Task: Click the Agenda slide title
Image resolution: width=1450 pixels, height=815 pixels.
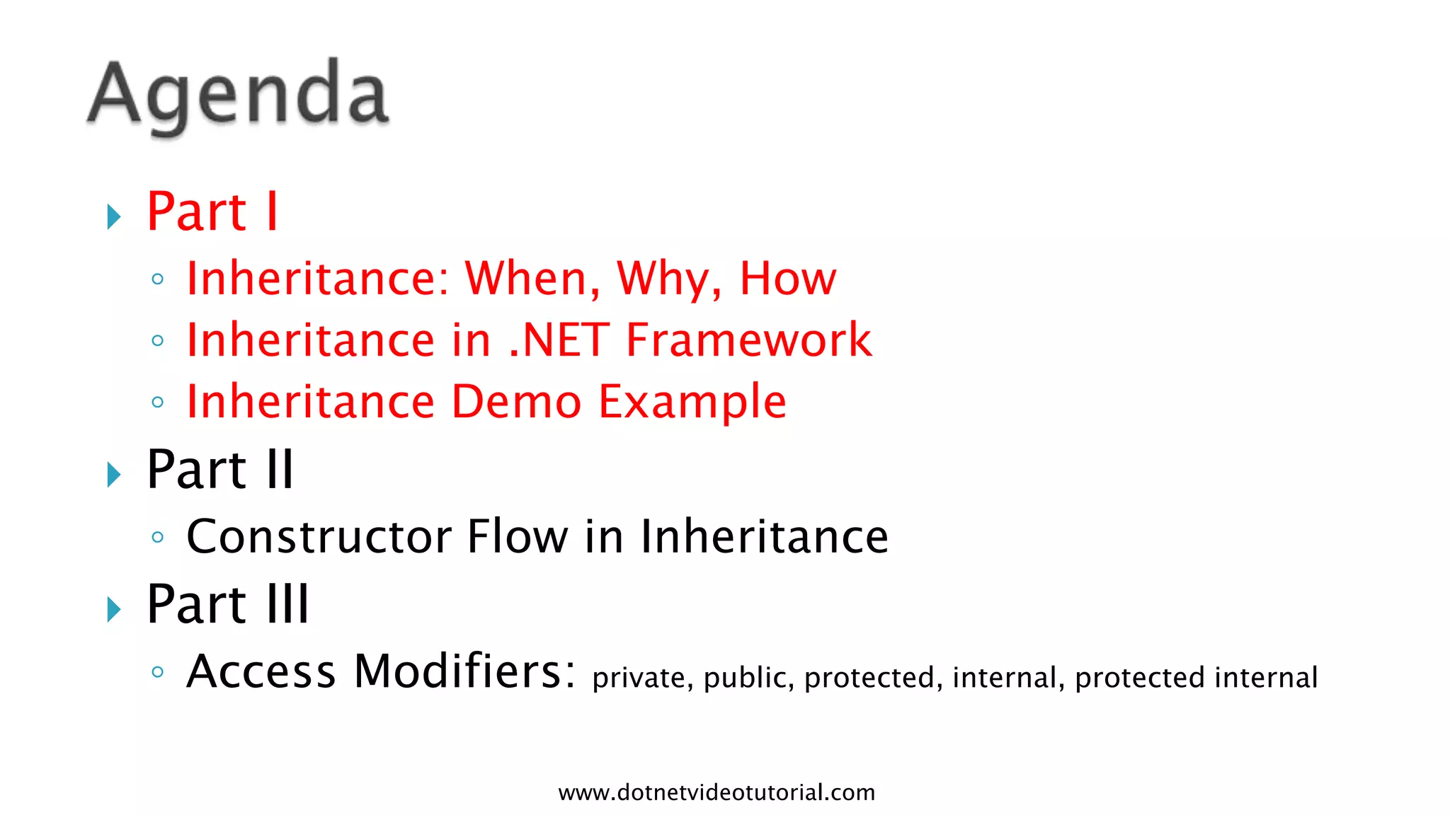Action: [238, 96]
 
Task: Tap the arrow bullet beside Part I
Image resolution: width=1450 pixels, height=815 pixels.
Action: [114, 216]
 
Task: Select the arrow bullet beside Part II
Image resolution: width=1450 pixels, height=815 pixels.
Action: [114, 474]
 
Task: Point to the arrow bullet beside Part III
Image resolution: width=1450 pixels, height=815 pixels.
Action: [114, 608]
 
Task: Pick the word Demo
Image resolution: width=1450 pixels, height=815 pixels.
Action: [516, 401]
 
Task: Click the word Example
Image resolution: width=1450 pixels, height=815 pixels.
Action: [692, 403]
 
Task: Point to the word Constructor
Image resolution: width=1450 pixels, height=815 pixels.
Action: [319, 536]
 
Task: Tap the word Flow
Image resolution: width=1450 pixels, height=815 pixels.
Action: [518, 536]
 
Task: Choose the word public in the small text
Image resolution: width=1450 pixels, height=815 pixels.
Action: [748, 678]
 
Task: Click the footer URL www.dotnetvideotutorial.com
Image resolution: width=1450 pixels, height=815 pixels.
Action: [717, 792]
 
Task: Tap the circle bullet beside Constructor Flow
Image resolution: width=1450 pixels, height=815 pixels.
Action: [158, 538]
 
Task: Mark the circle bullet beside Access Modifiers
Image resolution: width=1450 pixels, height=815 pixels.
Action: [158, 672]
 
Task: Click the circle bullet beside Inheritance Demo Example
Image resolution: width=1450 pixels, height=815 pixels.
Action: [158, 403]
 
